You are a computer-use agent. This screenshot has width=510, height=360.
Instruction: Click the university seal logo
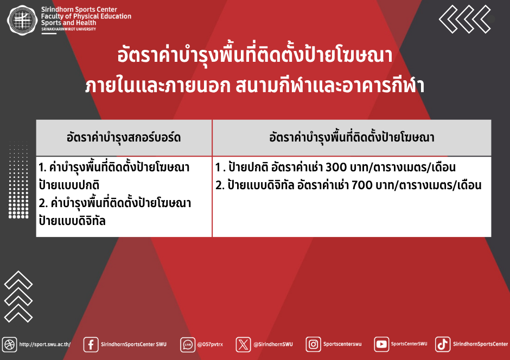(22, 20)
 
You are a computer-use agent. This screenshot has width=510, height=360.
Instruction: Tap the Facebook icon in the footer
(91, 344)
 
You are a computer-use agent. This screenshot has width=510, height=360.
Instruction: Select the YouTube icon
(381, 344)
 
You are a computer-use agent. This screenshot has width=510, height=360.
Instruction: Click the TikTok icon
(443, 344)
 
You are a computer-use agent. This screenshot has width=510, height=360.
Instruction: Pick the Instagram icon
(313, 344)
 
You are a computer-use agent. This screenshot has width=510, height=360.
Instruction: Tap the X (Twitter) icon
(243, 344)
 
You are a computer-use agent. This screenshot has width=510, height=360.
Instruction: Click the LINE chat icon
(188, 344)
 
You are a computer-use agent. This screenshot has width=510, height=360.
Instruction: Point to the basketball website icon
(9, 344)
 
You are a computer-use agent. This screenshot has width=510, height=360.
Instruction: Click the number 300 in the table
(336, 168)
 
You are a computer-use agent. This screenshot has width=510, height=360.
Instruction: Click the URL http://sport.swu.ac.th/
(45, 344)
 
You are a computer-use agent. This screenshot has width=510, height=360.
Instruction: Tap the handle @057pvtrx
(210, 344)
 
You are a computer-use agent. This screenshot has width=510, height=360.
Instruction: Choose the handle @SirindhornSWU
(273, 344)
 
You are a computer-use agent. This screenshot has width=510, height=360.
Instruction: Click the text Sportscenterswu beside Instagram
(342, 344)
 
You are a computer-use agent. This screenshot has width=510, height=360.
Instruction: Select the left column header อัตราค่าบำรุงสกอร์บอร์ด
(124, 137)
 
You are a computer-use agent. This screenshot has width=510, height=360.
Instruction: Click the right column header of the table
(352, 137)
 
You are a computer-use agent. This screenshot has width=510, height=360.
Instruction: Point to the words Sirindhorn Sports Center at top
(79, 9)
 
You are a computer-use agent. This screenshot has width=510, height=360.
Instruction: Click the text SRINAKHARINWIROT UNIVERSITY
(68, 29)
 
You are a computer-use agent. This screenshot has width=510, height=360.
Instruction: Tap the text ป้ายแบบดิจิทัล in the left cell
(72, 221)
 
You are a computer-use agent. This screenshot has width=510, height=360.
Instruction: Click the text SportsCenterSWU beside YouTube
(409, 344)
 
